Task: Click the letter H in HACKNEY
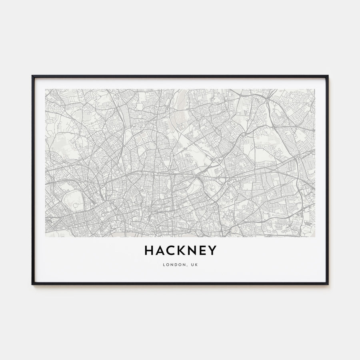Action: tap(149, 250)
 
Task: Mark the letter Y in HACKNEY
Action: tap(213, 250)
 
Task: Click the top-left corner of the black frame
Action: tap(32, 76)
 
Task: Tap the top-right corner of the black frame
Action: tap(328, 76)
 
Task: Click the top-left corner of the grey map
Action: tap(46, 89)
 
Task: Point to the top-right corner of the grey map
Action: tap(315, 89)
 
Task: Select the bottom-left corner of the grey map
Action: tap(46, 237)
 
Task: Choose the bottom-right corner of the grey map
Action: tap(315, 237)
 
